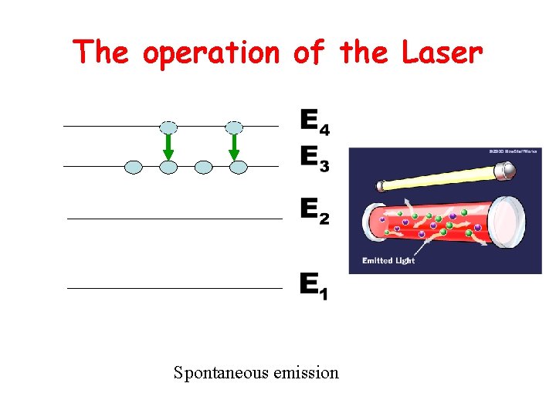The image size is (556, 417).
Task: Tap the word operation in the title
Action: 210,54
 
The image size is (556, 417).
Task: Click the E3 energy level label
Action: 314,159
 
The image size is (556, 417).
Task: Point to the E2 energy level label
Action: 314,211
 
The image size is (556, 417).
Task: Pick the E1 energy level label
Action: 314,286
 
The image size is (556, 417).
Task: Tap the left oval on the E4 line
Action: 168,127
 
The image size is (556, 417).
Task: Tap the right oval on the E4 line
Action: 235,127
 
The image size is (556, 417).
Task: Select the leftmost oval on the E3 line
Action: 134,167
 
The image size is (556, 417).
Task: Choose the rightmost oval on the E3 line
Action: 239,167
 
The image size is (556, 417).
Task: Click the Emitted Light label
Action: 388,261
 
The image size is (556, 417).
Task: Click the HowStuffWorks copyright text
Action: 513,151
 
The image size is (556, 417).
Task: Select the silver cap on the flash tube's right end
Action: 506,175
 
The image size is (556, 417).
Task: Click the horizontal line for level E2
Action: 175,219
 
